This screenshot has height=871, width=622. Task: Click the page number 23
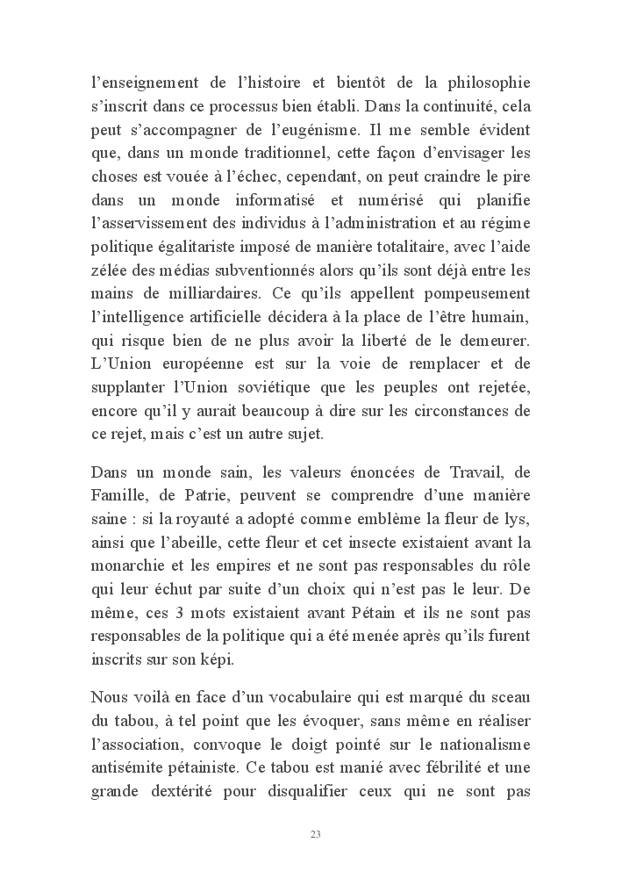coord(315,833)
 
